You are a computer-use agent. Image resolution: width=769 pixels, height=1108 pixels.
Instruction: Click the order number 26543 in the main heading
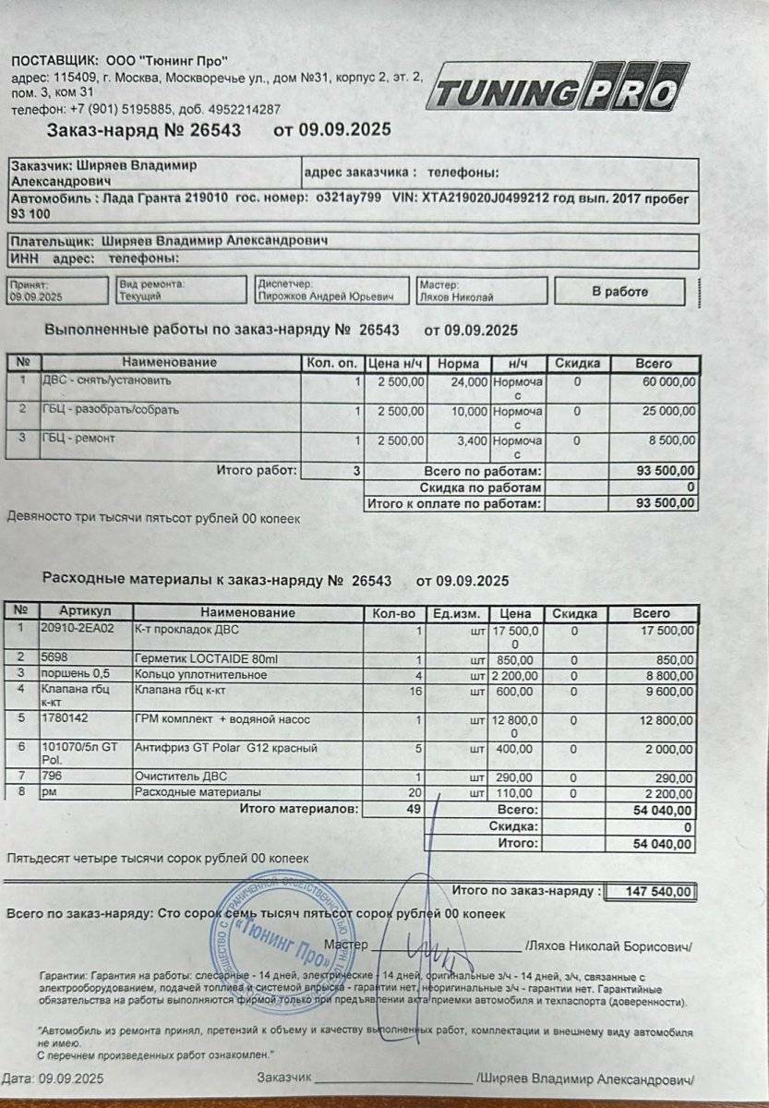pyautogui.click(x=215, y=130)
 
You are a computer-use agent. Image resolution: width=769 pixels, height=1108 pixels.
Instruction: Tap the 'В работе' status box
pyautogui.click(x=619, y=292)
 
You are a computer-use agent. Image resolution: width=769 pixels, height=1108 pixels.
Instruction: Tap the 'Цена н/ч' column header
pyautogui.click(x=395, y=363)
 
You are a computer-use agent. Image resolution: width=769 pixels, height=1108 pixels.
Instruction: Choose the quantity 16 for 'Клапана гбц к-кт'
pyautogui.click(x=415, y=690)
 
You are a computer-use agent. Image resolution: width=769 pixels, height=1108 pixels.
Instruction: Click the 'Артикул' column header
pyautogui.click(x=85, y=612)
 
